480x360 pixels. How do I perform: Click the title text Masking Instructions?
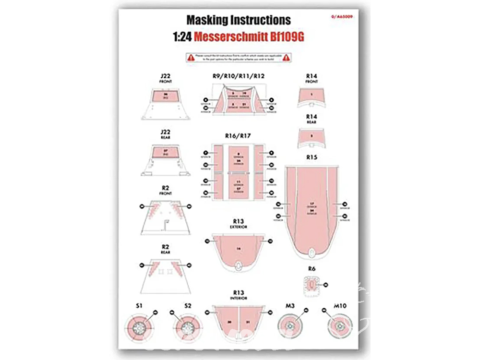coord(239,20)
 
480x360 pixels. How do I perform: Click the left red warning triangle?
coord(191,58)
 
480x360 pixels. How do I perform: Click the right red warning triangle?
coord(286,58)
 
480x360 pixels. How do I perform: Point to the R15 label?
coord(312,157)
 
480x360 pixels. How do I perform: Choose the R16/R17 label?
coord(238,136)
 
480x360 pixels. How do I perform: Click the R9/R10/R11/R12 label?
coord(239,76)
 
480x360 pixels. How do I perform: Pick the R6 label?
coord(312,269)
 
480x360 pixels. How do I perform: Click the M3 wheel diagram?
coord(291,326)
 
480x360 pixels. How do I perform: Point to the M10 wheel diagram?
coord(339,326)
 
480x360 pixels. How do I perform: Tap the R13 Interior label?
coord(239,294)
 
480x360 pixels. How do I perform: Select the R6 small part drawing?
coord(312,286)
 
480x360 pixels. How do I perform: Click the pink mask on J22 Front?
coord(165,96)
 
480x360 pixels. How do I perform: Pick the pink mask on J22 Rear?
coord(165,153)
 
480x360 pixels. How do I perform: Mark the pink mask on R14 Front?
coord(312,96)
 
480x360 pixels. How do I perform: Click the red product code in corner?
coord(345,16)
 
